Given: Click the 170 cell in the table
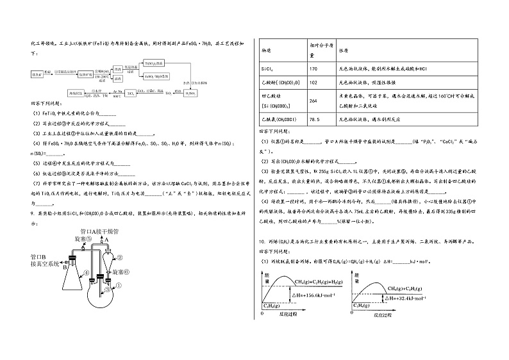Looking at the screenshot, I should [313, 69].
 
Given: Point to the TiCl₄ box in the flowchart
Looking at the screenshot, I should [129, 93].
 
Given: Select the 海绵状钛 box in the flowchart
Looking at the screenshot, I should [76, 93].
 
